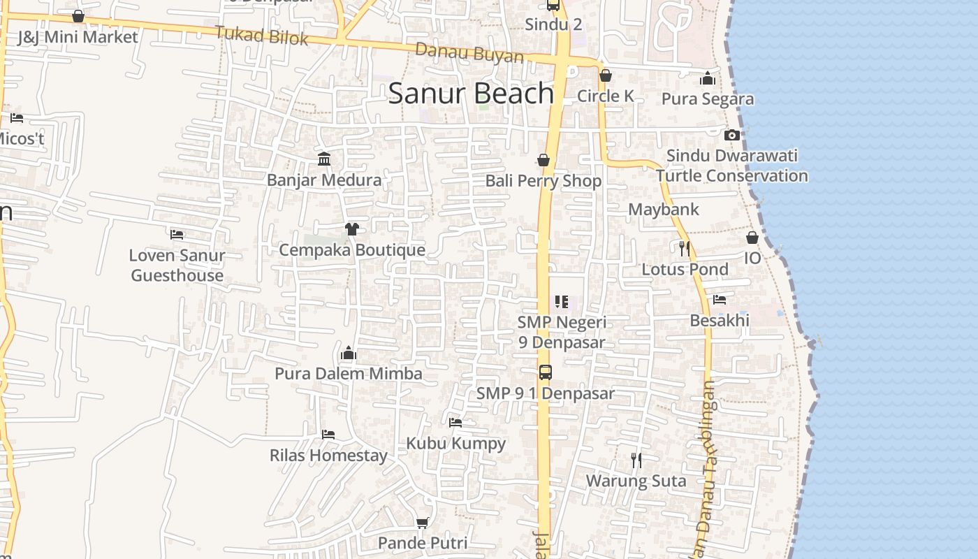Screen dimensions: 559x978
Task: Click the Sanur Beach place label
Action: click(471, 94)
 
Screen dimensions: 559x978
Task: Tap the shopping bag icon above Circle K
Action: click(606, 75)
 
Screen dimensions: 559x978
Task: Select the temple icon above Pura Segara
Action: click(708, 78)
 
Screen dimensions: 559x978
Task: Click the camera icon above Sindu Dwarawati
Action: click(731, 135)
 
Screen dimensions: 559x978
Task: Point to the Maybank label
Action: click(663, 209)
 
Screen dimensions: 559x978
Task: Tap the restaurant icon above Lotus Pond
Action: click(685, 248)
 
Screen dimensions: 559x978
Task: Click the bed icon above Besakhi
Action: click(720, 300)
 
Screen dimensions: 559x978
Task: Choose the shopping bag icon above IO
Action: click(752, 238)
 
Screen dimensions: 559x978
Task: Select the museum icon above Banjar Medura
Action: click(324, 159)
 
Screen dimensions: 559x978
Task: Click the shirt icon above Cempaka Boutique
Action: click(351, 228)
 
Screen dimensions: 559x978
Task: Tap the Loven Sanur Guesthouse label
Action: click(177, 265)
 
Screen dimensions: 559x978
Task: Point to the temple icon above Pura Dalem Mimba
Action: click(349, 353)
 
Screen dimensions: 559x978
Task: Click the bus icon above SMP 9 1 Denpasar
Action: click(546, 372)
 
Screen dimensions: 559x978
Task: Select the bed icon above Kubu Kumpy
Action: click(455, 422)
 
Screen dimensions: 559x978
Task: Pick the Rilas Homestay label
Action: click(328, 456)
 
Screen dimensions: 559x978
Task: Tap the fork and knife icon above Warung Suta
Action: click(636, 460)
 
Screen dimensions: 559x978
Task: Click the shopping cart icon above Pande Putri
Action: click(422, 523)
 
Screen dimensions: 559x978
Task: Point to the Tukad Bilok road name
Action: click(261, 35)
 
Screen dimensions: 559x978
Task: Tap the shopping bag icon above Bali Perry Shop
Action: click(543, 161)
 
